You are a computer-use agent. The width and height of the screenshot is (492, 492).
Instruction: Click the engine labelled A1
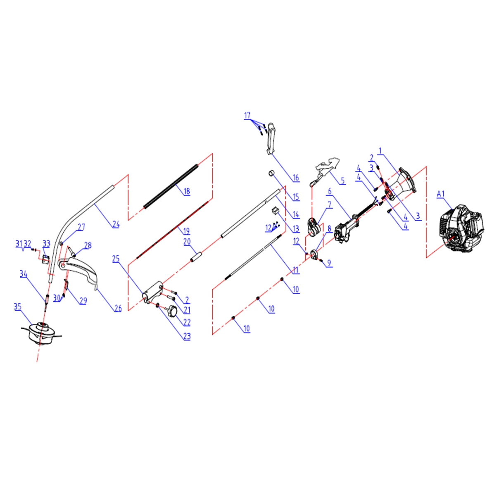(x=462, y=228)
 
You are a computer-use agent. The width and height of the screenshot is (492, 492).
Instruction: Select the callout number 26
(x=118, y=308)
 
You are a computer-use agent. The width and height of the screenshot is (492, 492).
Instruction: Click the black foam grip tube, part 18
(x=171, y=186)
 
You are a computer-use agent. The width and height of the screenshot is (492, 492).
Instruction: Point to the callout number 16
(x=296, y=178)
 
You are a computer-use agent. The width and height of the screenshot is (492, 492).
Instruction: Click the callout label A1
(x=440, y=194)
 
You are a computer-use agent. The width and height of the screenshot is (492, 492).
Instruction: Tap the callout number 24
(x=116, y=224)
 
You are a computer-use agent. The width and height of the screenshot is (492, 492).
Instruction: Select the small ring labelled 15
(x=271, y=173)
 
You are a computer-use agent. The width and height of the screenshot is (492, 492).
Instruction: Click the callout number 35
(x=18, y=307)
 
